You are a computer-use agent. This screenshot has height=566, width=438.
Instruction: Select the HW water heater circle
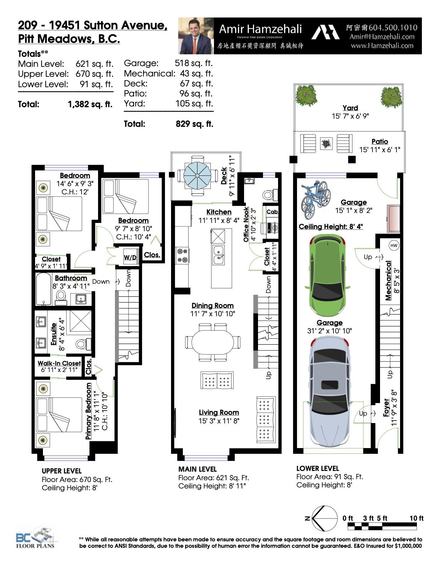point(394,245)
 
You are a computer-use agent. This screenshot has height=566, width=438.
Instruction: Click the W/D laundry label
point(130,258)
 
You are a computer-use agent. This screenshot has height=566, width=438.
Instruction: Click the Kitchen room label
point(219,212)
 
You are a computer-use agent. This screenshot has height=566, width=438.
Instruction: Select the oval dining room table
point(213,342)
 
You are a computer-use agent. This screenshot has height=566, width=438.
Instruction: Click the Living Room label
point(219,412)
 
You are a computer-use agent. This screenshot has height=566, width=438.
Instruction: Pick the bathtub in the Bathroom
point(44,289)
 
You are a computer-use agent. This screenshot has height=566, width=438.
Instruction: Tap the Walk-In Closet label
point(59,363)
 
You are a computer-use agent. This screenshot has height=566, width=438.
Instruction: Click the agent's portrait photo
point(196,36)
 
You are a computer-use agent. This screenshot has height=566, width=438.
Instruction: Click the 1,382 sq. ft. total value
point(90,104)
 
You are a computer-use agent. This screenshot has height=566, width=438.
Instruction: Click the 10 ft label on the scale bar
point(416,518)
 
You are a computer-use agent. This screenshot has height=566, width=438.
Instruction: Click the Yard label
point(350,108)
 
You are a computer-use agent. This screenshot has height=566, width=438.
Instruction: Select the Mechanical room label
point(388,280)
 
